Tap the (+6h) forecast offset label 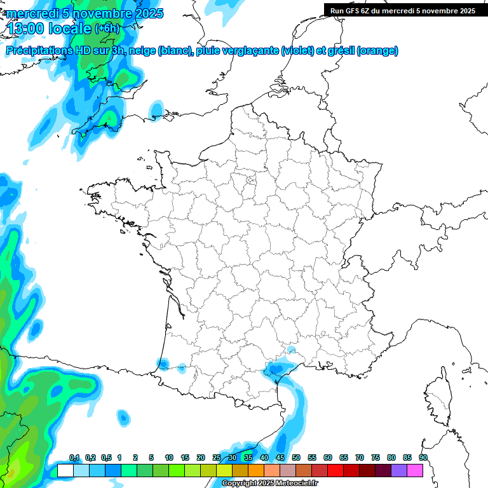pos(106,28)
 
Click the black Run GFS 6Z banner pos(402,10)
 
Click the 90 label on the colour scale pos(423,457)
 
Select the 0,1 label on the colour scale pos(74,457)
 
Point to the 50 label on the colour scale pos(296,457)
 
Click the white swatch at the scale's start pos(65,470)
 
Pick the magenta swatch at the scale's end pos(415,470)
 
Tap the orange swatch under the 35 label pos(255,470)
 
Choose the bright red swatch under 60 pos(335,470)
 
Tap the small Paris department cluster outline pos(251,182)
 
